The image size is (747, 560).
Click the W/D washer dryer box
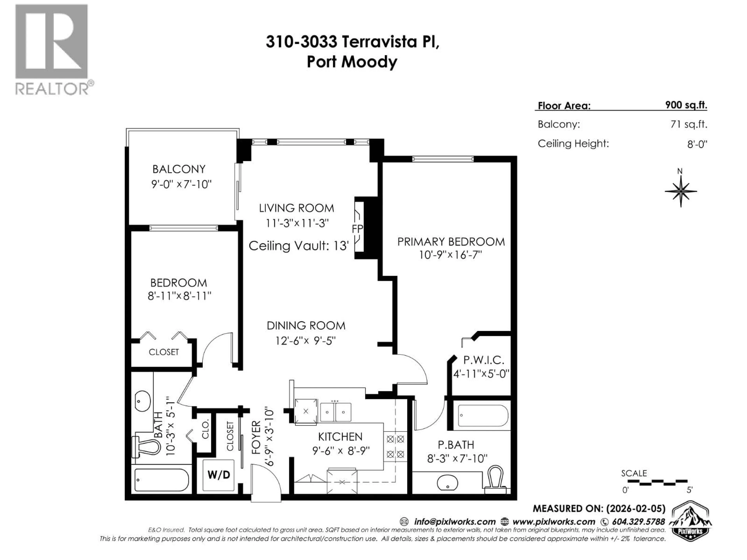[218, 475]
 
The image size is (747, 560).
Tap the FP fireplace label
[357, 229]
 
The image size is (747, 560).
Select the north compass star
[681, 191]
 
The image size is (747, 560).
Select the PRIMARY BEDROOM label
[451, 242]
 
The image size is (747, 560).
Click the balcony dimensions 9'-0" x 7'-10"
[181, 184]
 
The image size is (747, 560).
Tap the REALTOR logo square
[51, 41]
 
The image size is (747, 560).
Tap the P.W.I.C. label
[484, 360]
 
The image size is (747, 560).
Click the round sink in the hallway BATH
[143, 401]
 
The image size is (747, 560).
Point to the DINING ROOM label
[306, 326]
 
